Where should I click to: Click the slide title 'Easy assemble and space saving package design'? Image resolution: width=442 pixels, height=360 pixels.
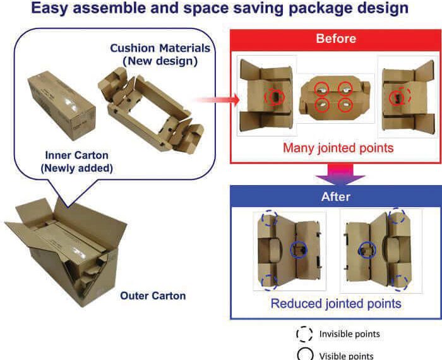(220, 9)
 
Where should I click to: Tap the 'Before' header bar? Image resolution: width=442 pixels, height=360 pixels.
(336, 39)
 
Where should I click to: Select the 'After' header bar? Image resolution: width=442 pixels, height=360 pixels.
(336, 196)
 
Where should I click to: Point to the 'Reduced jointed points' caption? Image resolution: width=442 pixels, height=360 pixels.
(336, 304)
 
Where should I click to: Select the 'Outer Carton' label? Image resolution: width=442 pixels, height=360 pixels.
(153, 295)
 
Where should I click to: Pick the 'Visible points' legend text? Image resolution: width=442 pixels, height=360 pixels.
(346, 355)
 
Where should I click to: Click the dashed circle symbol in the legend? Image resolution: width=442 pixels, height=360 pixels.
(305, 333)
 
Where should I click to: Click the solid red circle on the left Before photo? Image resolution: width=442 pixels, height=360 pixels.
(274, 97)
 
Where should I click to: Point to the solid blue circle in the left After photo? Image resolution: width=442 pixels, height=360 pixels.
(298, 249)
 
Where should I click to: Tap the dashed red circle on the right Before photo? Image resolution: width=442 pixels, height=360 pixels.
(404, 96)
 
